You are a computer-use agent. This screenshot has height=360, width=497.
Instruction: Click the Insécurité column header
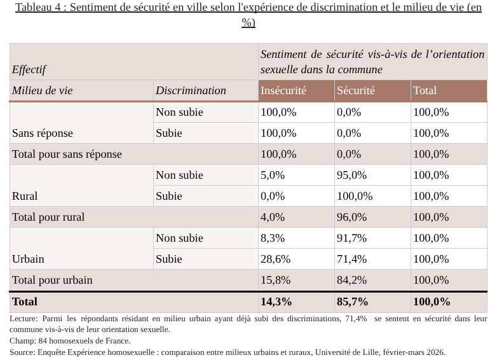(283, 90)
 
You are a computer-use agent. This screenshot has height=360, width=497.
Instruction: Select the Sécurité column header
(356, 90)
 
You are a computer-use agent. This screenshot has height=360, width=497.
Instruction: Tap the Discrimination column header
(191, 90)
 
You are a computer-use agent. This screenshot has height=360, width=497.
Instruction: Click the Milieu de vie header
(42, 90)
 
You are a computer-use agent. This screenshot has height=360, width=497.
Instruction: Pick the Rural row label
(25, 196)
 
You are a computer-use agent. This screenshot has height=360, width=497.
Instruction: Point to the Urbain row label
(28, 259)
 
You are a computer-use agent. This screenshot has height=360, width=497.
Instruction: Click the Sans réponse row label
(42, 133)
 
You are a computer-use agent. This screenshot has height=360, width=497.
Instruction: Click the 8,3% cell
(273, 238)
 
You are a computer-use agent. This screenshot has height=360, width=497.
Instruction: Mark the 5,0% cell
(273, 175)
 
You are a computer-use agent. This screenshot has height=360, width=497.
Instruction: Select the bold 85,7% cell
(353, 301)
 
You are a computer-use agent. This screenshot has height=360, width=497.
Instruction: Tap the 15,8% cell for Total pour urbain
(275, 280)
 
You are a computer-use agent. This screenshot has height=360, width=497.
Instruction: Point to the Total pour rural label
(48, 217)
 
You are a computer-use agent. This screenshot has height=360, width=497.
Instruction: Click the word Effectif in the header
(29, 69)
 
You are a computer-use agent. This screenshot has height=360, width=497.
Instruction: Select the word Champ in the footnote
(22, 341)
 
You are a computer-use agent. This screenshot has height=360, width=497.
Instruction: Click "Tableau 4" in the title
(40, 8)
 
